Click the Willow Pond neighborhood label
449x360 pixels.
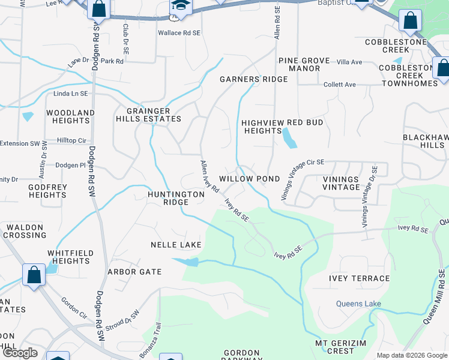(x=249, y=179)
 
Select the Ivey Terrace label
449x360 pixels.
(x=359, y=278)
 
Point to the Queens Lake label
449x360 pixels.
(x=358, y=304)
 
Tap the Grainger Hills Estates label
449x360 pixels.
(x=148, y=115)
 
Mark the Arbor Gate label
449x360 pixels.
(x=134, y=272)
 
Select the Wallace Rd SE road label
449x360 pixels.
(x=178, y=34)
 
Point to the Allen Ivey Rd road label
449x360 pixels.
(x=209, y=176)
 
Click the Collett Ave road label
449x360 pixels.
(x=339, y=85)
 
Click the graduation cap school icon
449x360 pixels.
(x=179, y=7)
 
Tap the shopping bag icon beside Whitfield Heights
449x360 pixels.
(x=34, y=275)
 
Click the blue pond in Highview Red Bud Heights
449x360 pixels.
(x=289, y=140)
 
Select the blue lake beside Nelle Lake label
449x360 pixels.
(x=188, y=262)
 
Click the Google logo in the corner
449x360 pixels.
(x=20, y=353)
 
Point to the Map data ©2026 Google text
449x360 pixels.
(x=411, y=355)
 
